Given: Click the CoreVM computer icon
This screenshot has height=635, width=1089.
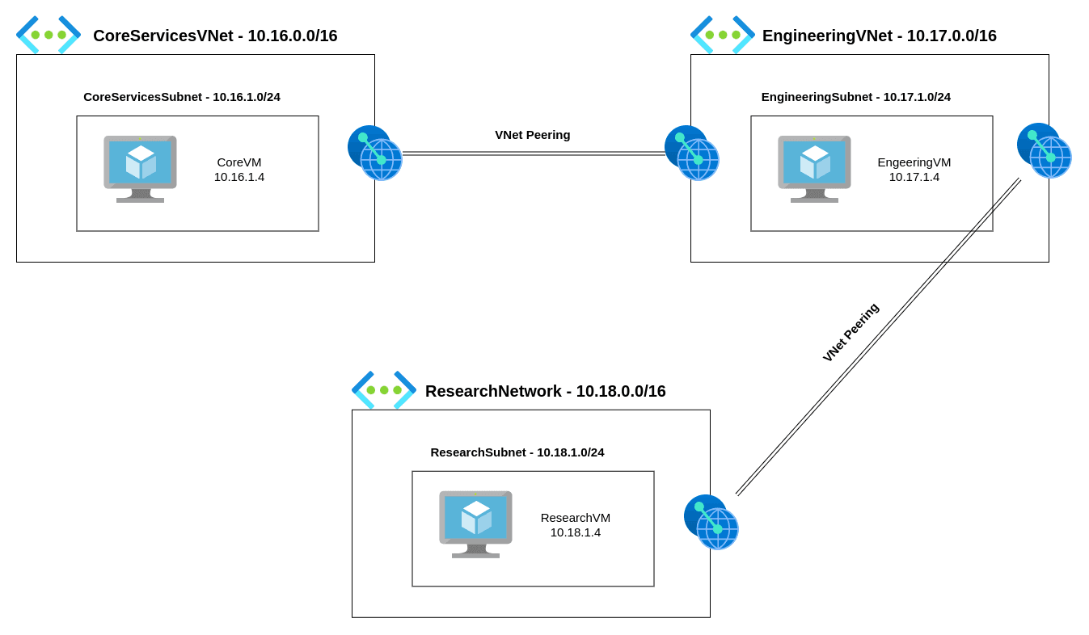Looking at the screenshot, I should coord(140,168).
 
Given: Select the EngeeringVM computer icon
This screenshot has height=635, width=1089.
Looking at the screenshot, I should coord(814,168).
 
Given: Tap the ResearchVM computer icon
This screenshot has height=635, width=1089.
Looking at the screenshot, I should coord(475,524).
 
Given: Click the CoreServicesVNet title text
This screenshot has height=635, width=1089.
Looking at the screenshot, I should coord(215,36).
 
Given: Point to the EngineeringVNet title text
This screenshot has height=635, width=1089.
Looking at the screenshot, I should coord(879,36).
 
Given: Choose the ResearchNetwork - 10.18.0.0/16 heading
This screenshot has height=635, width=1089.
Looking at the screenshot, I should coord(545,391).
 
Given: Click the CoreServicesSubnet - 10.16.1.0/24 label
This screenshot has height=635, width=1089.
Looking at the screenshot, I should coord(182,97).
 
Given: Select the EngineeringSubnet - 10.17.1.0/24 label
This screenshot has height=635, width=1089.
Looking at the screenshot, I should coord(855,97).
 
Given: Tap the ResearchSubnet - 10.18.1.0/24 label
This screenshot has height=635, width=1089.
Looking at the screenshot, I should coord(517,452).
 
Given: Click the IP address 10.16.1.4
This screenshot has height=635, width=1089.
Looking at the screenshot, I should coord(239,177).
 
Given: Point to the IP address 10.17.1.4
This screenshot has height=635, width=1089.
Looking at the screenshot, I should coord(914,177).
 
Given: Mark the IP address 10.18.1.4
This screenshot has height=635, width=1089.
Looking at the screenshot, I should coord(575,532).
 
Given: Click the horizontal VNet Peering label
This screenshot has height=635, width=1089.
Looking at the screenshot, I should coord(532,135).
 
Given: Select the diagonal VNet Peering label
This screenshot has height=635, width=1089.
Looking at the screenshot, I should coord(851,332).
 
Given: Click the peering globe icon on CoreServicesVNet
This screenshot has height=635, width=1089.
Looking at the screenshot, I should coord(374,153).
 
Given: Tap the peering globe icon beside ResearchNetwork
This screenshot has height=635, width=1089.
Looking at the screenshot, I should coord(711,522).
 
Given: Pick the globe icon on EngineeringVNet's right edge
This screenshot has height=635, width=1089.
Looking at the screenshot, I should coord(1044,150).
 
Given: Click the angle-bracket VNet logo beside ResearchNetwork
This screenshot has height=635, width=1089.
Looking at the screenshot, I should coord(384,390).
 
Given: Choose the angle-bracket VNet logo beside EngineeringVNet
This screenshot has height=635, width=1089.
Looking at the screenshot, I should coord(723,35).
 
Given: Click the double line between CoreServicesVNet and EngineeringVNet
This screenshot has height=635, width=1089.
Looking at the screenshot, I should coord(534,153).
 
